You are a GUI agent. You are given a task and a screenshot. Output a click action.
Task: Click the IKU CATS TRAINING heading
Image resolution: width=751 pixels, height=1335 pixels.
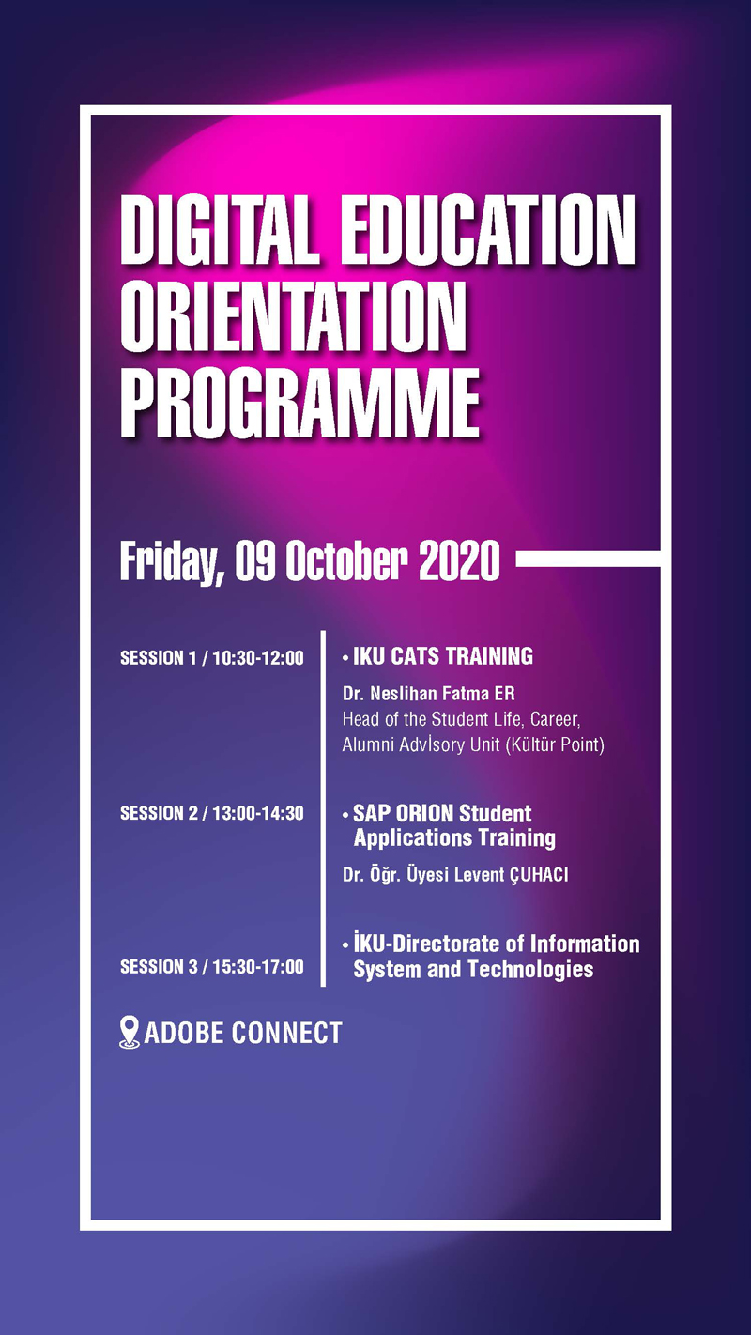443,656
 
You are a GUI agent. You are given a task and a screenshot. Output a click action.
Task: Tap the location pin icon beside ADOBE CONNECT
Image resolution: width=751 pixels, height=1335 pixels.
130,1033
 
